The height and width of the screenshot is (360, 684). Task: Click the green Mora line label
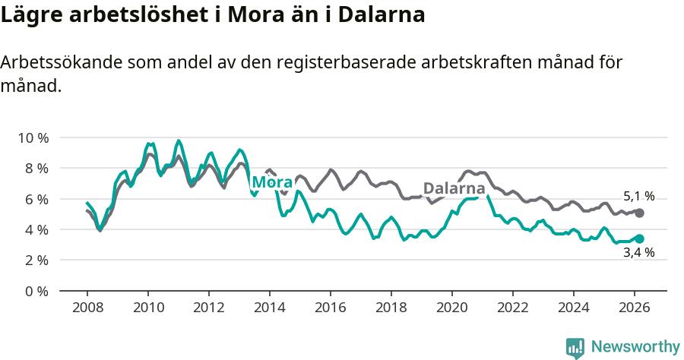(x=272, y=182)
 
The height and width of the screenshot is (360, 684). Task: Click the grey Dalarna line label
(x=454, y=188)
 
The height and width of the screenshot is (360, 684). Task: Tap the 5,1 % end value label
(x=638, y=196)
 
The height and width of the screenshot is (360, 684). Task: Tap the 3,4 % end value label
(x=638, y=253)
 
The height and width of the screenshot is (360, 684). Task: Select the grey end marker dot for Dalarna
(x=639, y=213)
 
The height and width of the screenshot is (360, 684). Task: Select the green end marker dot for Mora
(x=639, y=238)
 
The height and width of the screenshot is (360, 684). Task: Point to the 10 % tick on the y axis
(x=33, y=137)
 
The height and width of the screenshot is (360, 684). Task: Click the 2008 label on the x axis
(x=87, y=308)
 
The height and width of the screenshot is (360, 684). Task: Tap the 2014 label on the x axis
(x=269, y=308)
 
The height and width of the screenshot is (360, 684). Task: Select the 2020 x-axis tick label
(x=451, y=308)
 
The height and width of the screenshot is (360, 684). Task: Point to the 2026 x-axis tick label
(x=634, y=308)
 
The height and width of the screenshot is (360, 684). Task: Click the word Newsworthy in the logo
(x=635, y=347)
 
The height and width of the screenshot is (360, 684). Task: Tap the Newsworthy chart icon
(x=575, y=348)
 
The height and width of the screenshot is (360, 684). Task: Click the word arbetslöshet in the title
(x=120, y=15)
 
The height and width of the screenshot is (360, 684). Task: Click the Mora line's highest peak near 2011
(x=179, y=141)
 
